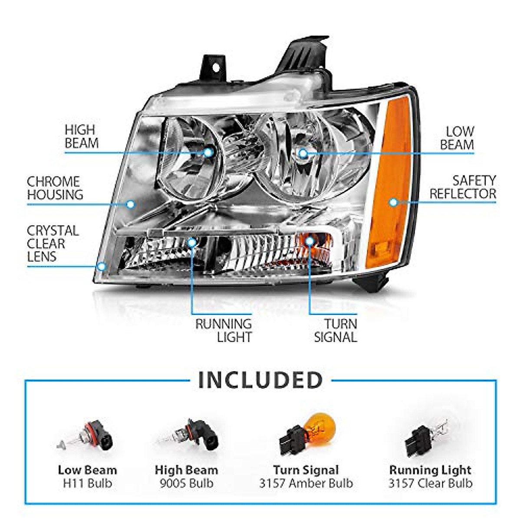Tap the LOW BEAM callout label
click(x=457, y=138)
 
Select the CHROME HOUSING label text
click(x=55, y=188)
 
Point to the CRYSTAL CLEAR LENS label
click(x=53, y=244)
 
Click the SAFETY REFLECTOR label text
click(x=463, y=187)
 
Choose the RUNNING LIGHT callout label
click(x=223, y=330)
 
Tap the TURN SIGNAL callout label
click(x=335, y=330)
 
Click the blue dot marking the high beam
click(x=208, y=152)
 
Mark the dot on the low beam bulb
click(x=303, y=153)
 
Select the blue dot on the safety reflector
click(x=393, y=202)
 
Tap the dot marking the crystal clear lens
click(x=102, y=266)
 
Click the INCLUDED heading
click(x=260, y=380)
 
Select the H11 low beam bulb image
click(x=86, y=439)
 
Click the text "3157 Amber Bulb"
click(x=306, y=483)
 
